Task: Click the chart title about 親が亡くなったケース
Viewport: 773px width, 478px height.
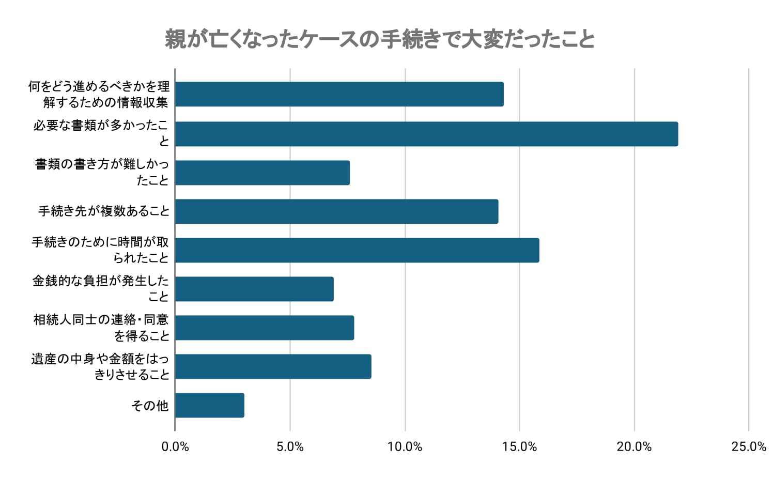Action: [x=380, y=40]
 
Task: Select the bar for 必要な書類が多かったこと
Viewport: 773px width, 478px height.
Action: [x=426, y=134]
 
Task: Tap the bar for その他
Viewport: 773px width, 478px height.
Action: [x=209, y=405]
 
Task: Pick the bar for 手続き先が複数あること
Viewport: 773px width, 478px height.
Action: [x=336, y=211]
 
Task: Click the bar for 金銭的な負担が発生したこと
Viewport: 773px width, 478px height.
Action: [x=254, y=289]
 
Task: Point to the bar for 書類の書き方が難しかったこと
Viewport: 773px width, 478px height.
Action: [x=262, y=173]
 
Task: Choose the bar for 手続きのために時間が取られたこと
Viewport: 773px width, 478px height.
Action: [x=357, y=250]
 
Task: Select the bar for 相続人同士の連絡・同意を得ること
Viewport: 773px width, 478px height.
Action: [x=264, y=328]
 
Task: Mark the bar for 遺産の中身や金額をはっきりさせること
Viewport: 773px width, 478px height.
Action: [x=273, y=366]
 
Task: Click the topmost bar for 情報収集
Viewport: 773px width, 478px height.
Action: [x=339, y=94]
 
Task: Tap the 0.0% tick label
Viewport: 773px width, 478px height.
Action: [x=175, y=446]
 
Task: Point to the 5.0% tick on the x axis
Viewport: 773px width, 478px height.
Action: [x=290, y=446]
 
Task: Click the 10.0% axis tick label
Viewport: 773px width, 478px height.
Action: [x=405, y=446]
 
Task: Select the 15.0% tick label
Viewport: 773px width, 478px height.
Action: [x=519, y=446]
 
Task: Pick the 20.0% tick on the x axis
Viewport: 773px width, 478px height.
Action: [x=634, y=446]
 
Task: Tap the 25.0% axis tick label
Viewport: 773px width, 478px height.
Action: [x=749, y=446]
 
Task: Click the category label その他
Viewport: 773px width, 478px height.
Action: [x=150, y=406]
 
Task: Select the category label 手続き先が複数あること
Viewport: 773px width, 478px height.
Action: [x=104, y=211]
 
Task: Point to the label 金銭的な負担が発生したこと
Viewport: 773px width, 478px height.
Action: [x=101, y=288]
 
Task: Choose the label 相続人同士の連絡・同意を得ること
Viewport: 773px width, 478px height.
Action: [x=101, y=328]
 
